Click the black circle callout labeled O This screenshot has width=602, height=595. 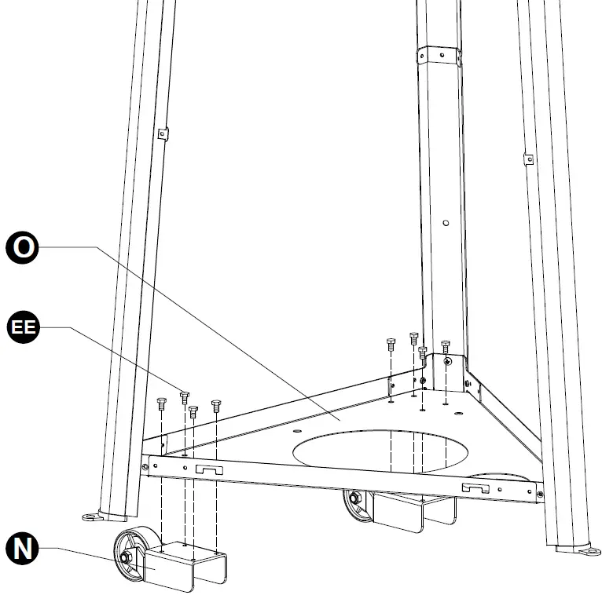click(x=25, y=247)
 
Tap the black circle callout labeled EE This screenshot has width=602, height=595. click(x=25, y=327)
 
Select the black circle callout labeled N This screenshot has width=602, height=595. click(x=25, y=549)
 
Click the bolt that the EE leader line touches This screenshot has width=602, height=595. click(x=185, y=395)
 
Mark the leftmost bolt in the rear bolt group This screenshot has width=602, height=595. click(x=391, y=344)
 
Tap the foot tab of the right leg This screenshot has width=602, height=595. click(x=587, y=552)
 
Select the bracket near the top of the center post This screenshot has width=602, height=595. click(x=439, y=57)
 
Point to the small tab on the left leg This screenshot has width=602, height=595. click(x=163, y=133)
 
